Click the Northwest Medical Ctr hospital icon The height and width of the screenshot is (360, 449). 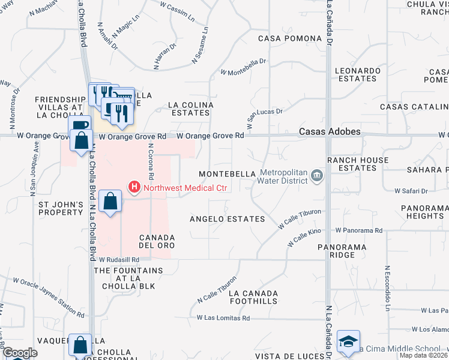tap(134, 188)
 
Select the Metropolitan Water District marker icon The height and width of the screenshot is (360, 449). tap(318, 176)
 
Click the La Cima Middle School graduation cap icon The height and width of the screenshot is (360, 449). tap(349, 341)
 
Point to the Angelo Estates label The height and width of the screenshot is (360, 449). tap(228, 219)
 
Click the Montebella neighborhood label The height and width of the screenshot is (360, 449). tap(228, 173)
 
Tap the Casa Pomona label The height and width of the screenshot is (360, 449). tap(290, 38)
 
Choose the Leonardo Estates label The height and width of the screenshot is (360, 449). tap(357, 74)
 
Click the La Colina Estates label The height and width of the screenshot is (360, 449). tap(191, 109)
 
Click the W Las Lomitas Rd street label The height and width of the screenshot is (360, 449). tap(223, 318)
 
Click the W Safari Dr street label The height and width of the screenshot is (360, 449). tap(411, 191)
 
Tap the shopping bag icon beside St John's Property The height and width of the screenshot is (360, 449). tap(110, 201)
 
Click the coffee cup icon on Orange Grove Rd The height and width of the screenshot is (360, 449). tap(79, 124)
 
